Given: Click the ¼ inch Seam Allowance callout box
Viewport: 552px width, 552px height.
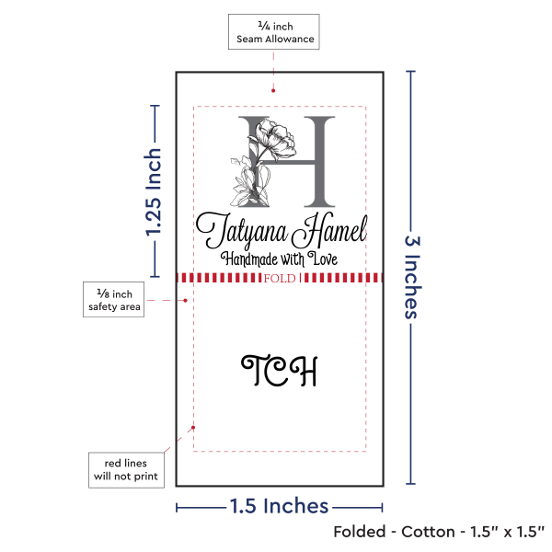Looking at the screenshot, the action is tap(274, 31).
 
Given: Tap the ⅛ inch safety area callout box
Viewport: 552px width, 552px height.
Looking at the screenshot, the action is tap(114, 300).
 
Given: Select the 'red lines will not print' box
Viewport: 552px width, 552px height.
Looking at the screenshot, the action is tap(126, 470).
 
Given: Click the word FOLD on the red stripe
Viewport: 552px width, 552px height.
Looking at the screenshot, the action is tap(280, 279).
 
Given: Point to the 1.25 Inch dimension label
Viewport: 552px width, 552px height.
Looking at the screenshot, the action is tap(154, 192).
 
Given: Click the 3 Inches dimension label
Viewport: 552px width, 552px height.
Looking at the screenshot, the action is tap(412, 277).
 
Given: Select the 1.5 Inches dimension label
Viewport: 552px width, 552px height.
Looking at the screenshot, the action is tap(279, 506).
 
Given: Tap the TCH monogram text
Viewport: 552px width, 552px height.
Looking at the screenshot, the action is tap(280, 371).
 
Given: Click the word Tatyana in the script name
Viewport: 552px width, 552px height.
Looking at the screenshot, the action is tap(242, 231).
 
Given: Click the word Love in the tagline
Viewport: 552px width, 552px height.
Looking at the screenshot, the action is tap(323, 259).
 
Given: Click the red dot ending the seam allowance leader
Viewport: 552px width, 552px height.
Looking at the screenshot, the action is tap(273, 91).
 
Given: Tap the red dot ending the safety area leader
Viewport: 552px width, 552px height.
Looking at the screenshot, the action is tap(186, 300).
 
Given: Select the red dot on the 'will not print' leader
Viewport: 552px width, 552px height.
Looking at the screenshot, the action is tap(193, 428).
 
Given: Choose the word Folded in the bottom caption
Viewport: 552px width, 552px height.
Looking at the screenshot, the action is tap(360, 532).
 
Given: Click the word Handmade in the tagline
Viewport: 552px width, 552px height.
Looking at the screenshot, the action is tap(249, 259).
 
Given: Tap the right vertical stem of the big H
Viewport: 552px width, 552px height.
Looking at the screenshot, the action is tap(319, 161).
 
